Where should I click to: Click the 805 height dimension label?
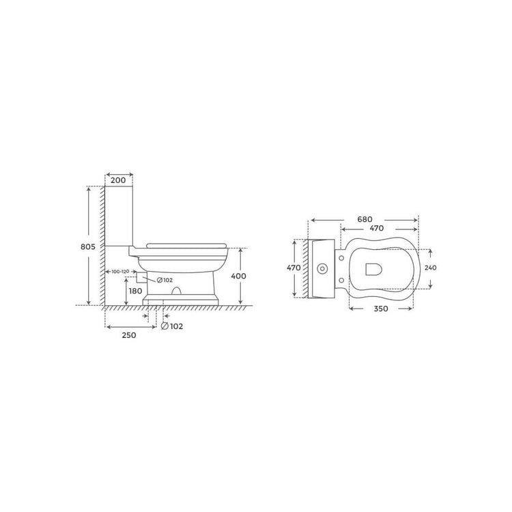point(88,247)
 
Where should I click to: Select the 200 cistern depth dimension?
point(118,180)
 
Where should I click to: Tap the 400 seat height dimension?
point(239,276)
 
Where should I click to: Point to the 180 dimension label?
point(136,291)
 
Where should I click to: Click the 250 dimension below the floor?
point(129,335)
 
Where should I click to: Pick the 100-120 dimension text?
point(120,271)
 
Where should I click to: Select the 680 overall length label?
point(365,219)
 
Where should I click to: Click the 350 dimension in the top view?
point(381,309)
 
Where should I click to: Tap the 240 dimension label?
point(430,268)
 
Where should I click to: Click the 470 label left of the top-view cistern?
point(294,268)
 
